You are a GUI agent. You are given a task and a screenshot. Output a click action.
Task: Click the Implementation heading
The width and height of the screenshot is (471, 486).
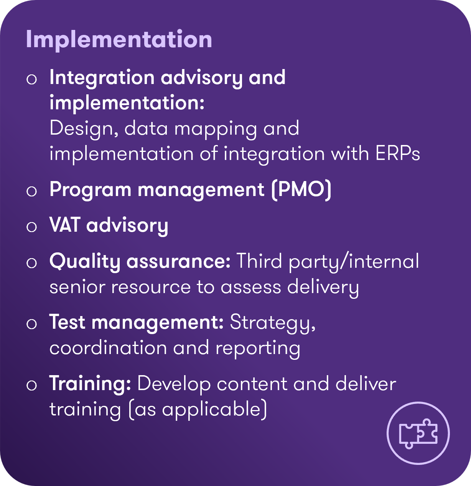coord(119,40)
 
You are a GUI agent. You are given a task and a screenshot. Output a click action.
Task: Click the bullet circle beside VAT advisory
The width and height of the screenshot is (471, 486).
coord(32,227)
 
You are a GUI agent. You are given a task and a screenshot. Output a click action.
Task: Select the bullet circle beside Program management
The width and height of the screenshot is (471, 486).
coord(32,191)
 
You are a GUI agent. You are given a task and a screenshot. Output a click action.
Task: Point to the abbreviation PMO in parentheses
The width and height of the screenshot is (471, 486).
coord(301,190)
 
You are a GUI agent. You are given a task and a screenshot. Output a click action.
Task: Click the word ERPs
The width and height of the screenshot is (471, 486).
coord(398,153)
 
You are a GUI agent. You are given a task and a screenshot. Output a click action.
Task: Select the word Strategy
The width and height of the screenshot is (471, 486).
coord(273,323)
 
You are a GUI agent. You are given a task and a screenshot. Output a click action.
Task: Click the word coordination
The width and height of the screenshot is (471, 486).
coord(108,348)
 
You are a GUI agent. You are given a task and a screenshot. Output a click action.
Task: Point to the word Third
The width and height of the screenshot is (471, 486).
coord(259,261)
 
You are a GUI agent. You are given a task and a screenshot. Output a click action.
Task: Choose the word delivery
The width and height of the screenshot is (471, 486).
coord(323,288)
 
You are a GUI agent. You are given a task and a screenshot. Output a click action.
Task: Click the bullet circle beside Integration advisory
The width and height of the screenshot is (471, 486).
coord(32,79)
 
